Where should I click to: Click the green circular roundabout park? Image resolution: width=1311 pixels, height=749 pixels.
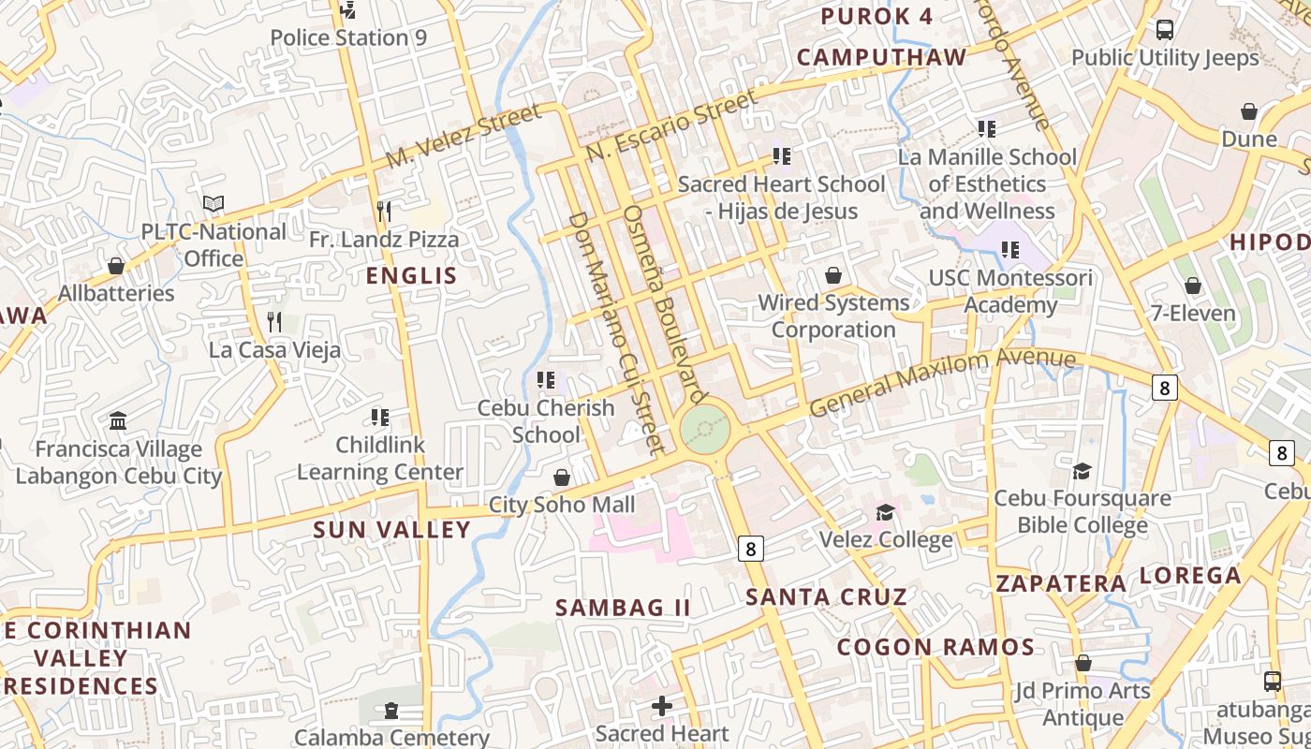tap(705, 429)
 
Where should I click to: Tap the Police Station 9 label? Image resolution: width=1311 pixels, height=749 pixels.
tap(348, 37)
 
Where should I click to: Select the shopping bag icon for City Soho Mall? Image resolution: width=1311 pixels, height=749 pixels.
tap(562, 478)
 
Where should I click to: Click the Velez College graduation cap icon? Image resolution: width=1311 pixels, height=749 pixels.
tap(885, 512)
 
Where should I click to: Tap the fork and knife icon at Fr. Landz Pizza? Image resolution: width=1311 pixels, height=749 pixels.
tap(383, 212)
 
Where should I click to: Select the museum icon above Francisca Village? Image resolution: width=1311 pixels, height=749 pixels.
tap(118, 421)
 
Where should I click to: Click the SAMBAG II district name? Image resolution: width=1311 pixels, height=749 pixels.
tap(623, 608)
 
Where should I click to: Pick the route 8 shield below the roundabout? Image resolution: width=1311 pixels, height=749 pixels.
tap(751, 548)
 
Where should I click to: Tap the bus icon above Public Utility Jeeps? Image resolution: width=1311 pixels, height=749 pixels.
tap(1165, 30)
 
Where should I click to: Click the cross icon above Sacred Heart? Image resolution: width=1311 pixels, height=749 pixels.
tap(662, 706)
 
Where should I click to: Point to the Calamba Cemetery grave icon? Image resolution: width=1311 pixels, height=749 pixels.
tap(390, 712)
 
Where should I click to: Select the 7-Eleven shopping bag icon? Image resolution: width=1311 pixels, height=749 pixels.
tap(1193, 286)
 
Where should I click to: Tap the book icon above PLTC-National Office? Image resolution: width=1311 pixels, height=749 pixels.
tap(214, 203)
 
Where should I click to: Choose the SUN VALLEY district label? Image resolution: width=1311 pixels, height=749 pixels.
tap(391, 530)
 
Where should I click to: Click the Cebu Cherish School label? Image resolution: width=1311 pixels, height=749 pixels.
tap(546, 421)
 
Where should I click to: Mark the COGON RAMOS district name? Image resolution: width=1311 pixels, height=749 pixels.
tap(935, 647)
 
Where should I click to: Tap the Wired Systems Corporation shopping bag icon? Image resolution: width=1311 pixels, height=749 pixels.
tap(832, 276)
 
